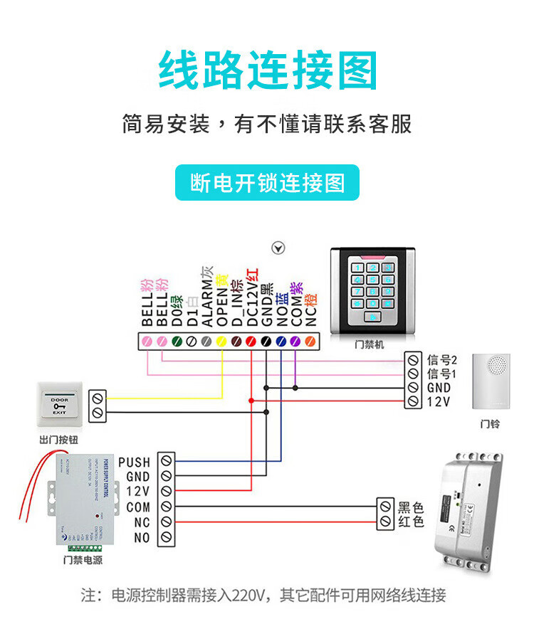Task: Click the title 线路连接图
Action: tap(267, 70)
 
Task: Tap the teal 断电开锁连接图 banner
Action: tap(267, 183)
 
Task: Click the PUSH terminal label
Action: tap(135, 463)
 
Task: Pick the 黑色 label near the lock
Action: tap(411, 507)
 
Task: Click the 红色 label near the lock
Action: tap(411, 522)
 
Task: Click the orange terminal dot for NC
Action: tap(309, 342)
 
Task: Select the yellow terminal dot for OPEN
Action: tap(221, 342)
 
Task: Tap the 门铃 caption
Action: tap(490, 424)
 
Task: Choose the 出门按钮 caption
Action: tap(58, 441)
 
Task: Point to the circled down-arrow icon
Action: tap(279, 248)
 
